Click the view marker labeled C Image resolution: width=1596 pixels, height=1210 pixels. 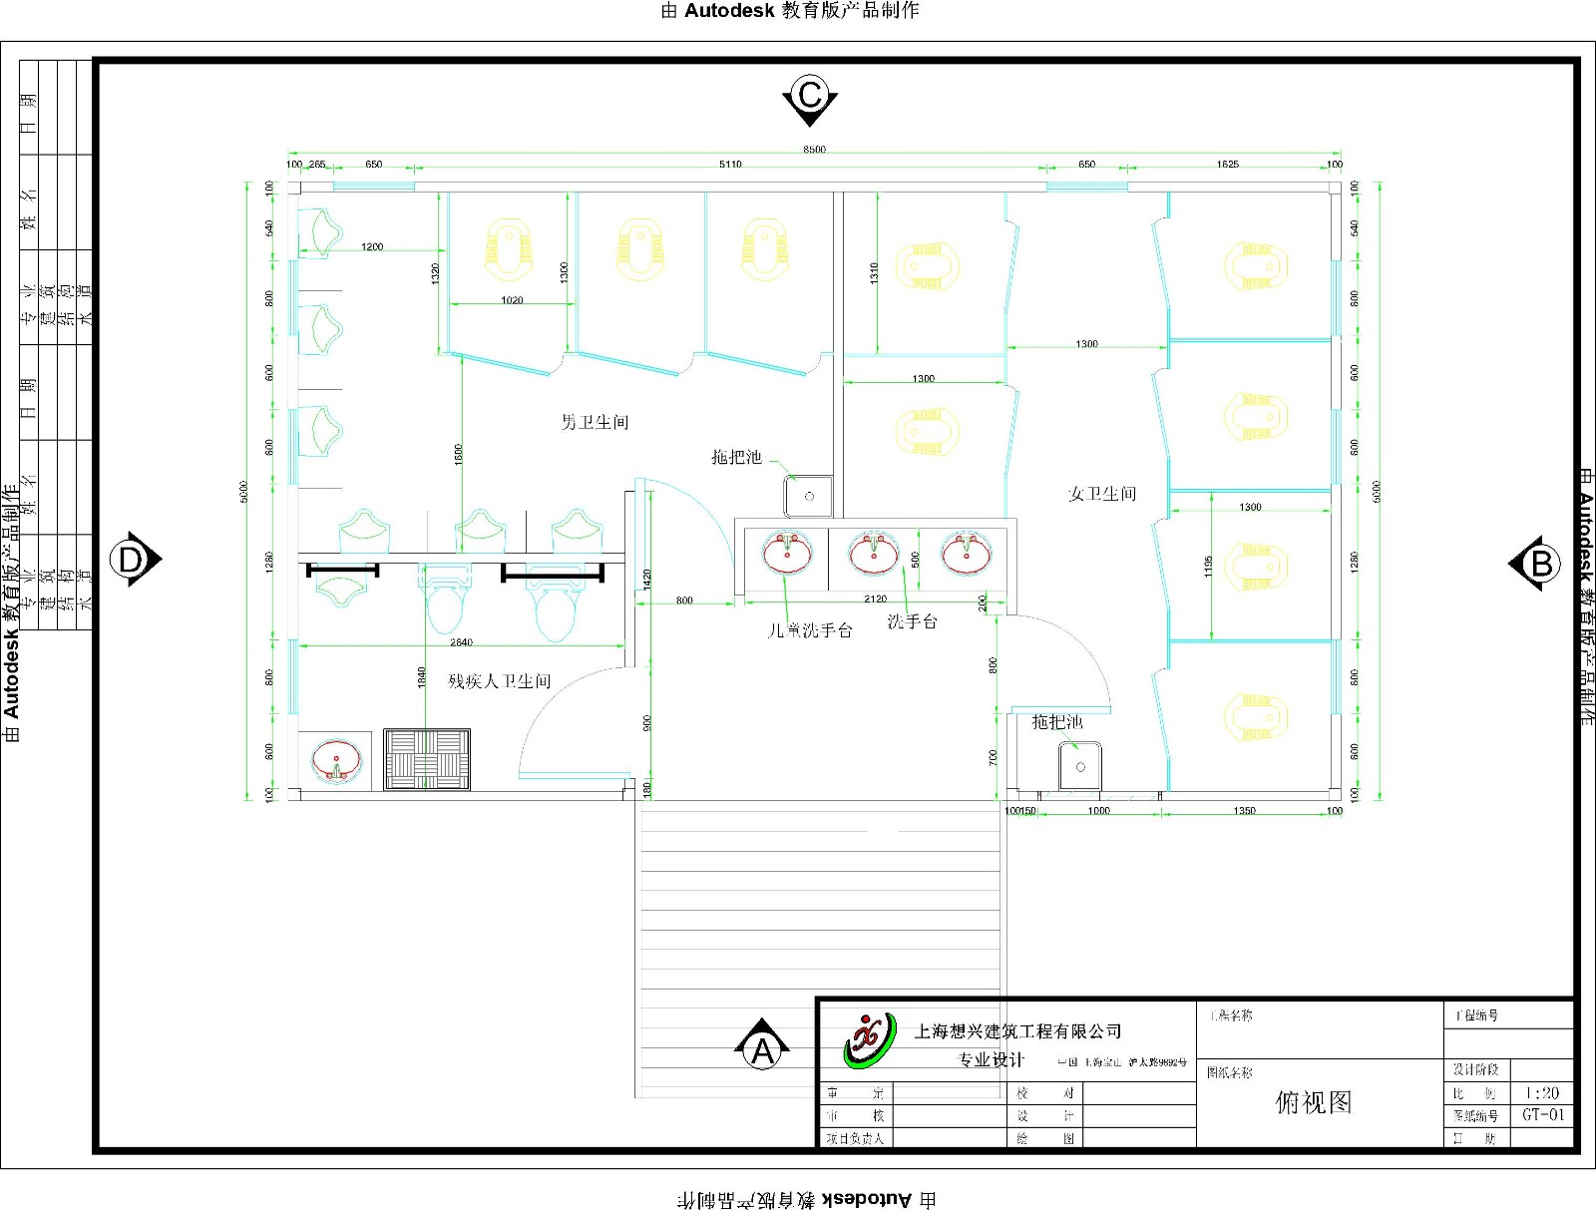pyautogui.click(x=810, y=97)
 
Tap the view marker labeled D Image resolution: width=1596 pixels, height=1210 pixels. pyautogui.click(x=134, y=560)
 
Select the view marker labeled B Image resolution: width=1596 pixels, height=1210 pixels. pyautogui.click(x=1539, y=564)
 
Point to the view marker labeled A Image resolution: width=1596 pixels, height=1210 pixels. pyautogui.click(x=763, y=1048)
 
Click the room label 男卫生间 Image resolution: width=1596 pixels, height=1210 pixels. pyautogui.click(x=595, y=422)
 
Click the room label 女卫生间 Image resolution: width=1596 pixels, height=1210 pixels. pyautogui.click(x=1102, y=494)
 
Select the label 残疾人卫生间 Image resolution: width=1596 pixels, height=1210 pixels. pyautogui.click(x=499, y=681)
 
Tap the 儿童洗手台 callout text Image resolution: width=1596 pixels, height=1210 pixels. pyautogui.click(x=810, y=630)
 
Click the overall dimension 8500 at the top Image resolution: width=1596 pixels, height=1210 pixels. pyautogui.click(x=814, y=150)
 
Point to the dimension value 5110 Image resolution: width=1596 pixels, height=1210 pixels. pyautogui.click(x=730, y=165)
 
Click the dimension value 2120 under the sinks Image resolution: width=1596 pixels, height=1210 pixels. pyautogui.click(x=875, y=599)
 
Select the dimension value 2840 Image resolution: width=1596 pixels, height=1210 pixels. pyautogui.click(x=461, y=642)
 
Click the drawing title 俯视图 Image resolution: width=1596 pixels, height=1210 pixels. pyautogui.click(x=1314, y=1102)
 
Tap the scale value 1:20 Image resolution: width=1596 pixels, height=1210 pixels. pyautogui.click(x=1542, y=1093)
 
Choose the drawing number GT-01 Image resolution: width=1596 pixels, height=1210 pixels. pyautogui.click(x=1543, y=1115)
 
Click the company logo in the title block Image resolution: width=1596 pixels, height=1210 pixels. pyautogui.click(x=870, y=1039)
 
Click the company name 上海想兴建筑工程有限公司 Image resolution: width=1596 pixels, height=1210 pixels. pyautogui.click(x=1017, y=1031)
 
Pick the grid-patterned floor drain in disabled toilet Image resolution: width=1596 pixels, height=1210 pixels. pyautogui.click(x=427, y=760)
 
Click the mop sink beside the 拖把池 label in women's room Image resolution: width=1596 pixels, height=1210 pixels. pyautogui.click(x=1079, y=765)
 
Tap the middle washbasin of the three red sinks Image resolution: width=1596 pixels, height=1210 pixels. pyautogui.click(x=874, y=552)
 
